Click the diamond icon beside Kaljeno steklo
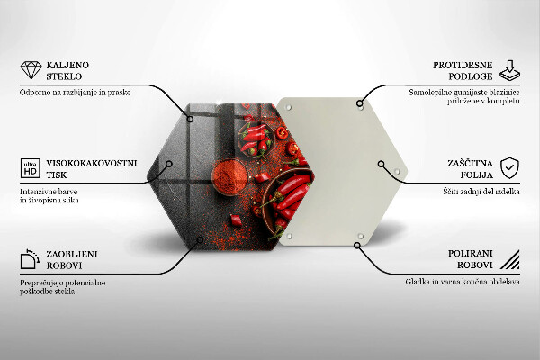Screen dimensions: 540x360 31,70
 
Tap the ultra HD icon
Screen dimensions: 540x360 31,168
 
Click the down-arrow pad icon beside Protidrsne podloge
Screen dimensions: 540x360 509,70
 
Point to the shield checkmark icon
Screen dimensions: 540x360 509,168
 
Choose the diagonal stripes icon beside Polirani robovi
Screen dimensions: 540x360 510,259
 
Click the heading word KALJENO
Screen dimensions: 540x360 67,65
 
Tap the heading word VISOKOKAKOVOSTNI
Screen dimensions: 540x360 92,163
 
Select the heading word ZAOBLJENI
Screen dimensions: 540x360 72,254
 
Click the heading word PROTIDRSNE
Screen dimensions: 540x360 463,65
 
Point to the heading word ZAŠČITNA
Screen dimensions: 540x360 470,163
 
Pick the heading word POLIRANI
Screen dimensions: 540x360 470,254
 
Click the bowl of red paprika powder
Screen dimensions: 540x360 229,176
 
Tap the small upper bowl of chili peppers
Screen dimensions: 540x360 256,139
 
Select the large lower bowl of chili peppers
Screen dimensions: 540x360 288,202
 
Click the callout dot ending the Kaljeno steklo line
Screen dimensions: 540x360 190,119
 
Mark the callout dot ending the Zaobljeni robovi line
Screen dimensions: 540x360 200,239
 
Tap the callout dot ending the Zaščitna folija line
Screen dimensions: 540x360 381,164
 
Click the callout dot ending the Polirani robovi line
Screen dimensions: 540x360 357,246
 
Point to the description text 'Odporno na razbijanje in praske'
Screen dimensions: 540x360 75,93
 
